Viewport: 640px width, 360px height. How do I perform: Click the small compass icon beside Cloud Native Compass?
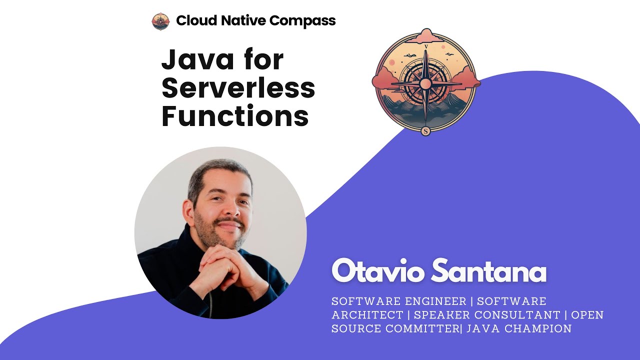click(160, 21)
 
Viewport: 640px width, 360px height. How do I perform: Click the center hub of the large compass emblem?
click(425, 83)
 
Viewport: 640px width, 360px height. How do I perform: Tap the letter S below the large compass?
click(425, 131)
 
